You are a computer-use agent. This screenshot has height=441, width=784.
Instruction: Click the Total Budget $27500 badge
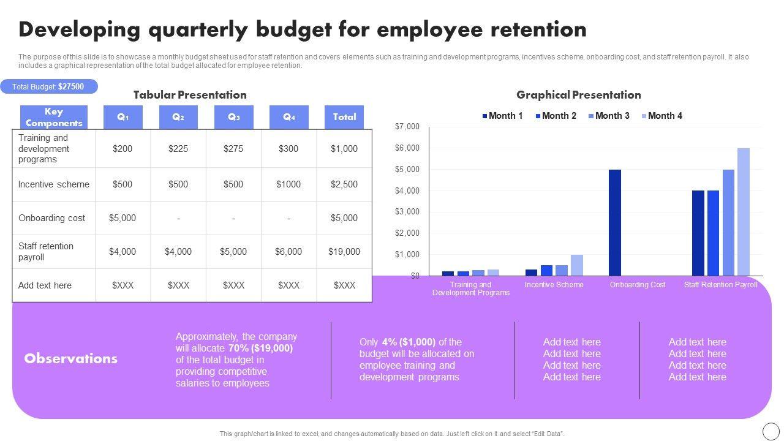click(x=48, y=87)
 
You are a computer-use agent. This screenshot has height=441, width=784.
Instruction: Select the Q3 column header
click(x=233, y=117)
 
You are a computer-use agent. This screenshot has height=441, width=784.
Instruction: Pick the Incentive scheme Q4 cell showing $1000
click(x=288, y=184)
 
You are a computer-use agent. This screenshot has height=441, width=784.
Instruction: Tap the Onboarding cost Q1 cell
click(x=123, y=218)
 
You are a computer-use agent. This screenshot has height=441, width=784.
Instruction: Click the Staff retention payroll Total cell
click(x=344, y=252)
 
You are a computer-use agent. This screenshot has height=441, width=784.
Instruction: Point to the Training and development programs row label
click(x=44, y=149)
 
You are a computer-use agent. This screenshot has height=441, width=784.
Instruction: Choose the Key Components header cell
click(x=54, y=117)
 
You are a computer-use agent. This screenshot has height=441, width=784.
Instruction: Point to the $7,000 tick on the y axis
click(x=407, y=127)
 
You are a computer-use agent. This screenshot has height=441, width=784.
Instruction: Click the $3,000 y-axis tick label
click(x=407, y=212)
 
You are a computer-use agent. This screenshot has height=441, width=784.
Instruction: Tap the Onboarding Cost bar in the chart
click(x=615, y=222)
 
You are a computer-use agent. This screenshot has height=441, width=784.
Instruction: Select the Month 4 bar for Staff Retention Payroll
click(x=743, y=212)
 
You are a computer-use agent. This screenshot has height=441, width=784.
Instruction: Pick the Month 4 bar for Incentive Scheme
click(x=577, y=265)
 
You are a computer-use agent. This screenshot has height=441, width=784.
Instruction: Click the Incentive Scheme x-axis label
click(x=554, y=285)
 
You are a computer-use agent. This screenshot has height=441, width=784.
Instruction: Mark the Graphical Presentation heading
click(x=578, y=95)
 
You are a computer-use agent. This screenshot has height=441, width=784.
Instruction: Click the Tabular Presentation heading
click(x=190, y=95)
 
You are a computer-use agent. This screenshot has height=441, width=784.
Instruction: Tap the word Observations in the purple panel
click(x=71, y=359)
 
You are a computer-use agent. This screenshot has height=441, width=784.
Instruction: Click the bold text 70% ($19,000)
click(x=260, y=349)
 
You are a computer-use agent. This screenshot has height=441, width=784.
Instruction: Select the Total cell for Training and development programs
click(x=344, y=149)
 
